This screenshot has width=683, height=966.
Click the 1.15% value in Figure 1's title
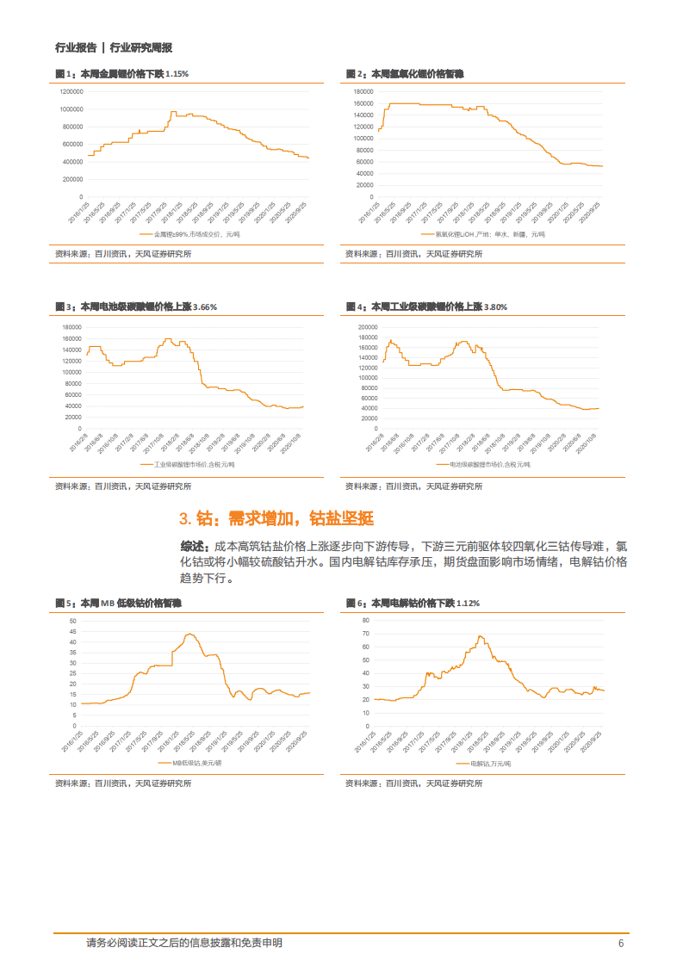point(177,74)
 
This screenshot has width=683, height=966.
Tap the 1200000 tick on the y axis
point(71,91)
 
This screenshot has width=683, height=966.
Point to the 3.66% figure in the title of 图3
point(205,307)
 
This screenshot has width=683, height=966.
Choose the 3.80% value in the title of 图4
point(496,307)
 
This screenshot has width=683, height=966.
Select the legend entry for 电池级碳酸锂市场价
point(484,464)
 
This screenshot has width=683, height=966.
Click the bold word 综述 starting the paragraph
point(194,547)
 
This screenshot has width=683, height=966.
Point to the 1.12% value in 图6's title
point(468,603)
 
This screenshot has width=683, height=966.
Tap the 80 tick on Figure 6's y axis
point(365,620)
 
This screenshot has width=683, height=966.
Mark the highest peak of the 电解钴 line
point(480,636)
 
